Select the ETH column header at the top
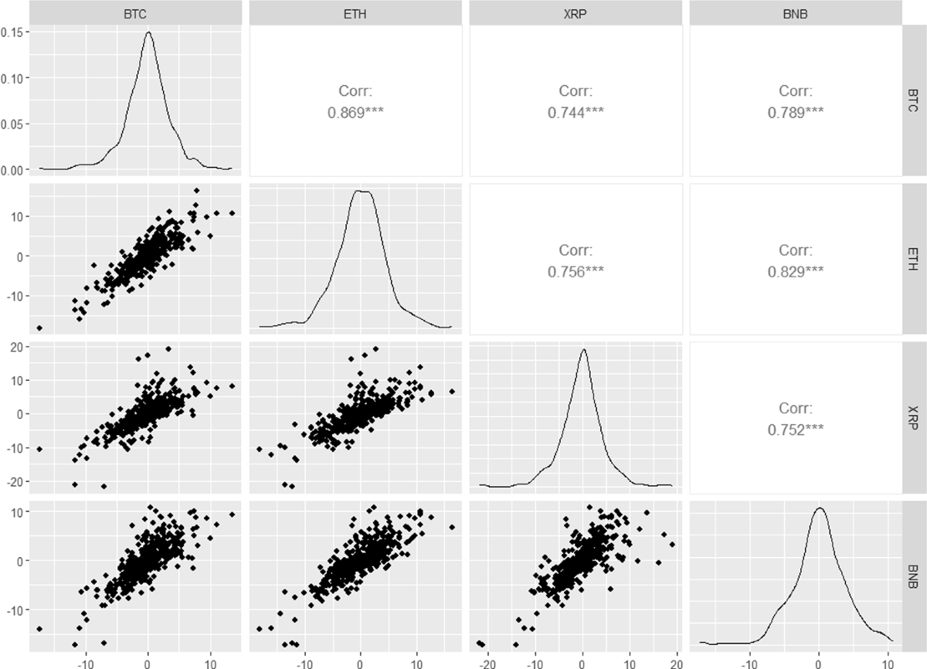point(356,13)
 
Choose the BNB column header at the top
point(796,13)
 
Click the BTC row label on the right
point(915,100)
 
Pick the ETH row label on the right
point(915,259)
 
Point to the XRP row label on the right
point(915,417)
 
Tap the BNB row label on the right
point(915,576)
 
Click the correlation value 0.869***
point(356,111)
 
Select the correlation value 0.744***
point(576,111)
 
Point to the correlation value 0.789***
point(796,111)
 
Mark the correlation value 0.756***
point(576,270)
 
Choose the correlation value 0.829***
point(796,270)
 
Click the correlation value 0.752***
point(796,428)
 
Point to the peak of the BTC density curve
point(148,32)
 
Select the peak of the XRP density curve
point(583,349)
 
